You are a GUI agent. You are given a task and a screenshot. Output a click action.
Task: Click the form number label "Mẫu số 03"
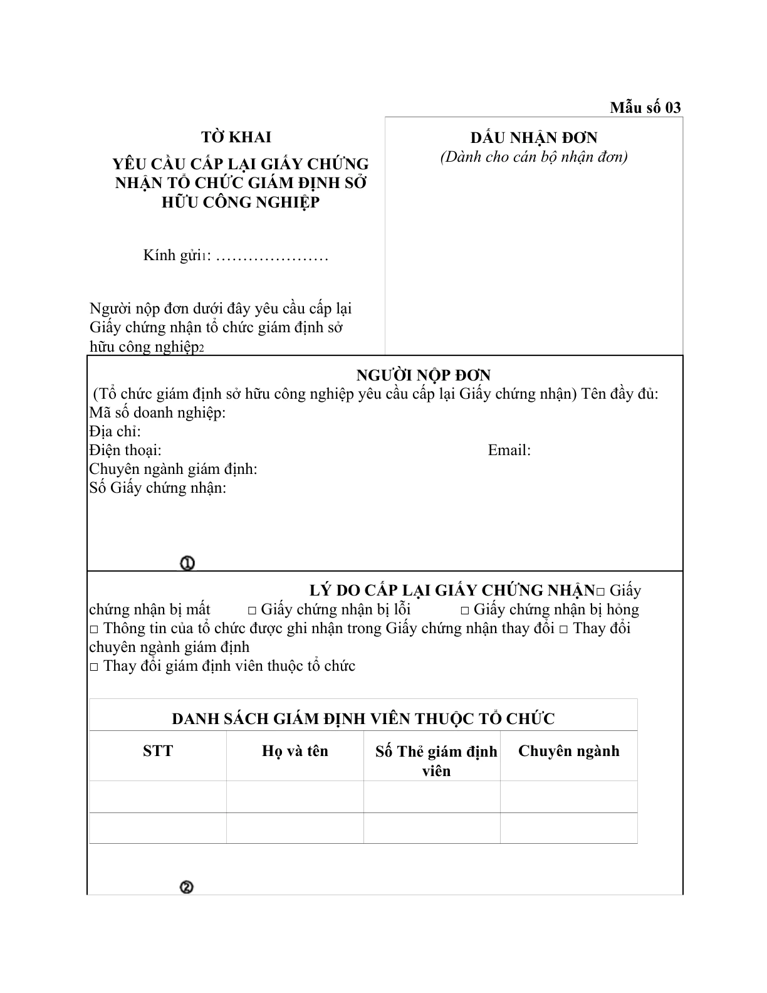645,107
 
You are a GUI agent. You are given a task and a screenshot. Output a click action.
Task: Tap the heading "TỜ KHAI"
236,137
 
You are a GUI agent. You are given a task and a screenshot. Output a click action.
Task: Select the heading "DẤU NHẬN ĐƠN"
534,138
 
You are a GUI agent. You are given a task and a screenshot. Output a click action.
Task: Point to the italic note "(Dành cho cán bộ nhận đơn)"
534,157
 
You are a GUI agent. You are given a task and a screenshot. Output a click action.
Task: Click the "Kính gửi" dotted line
271,256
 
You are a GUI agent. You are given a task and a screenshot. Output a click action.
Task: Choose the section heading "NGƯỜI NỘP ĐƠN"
424,376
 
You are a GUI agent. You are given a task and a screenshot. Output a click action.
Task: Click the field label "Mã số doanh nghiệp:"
157,412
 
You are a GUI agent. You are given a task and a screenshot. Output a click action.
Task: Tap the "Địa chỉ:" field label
115,431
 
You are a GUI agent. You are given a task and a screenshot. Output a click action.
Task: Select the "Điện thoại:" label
125,450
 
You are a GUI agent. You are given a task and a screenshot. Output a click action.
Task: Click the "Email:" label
509,450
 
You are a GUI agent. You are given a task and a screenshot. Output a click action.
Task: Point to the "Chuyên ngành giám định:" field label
173,469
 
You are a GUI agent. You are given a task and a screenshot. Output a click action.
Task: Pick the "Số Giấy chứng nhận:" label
157,488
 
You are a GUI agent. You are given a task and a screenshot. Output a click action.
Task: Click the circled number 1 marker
187,564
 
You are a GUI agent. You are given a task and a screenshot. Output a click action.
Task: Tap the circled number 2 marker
186,887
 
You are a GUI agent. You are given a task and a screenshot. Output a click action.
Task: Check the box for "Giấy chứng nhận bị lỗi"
253,611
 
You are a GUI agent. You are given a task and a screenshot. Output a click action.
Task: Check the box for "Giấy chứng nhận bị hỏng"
465,611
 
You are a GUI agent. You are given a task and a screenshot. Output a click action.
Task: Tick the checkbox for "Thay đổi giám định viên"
94,667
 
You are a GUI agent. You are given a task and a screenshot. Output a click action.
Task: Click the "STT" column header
158,751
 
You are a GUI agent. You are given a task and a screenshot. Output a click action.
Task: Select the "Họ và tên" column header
295,751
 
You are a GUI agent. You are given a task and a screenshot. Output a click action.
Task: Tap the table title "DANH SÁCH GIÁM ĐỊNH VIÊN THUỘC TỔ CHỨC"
363,718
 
